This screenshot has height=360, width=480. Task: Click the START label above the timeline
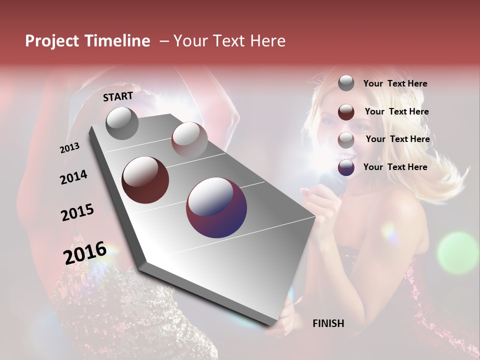point(118,96)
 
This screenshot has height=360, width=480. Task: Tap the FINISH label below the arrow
point(328,323)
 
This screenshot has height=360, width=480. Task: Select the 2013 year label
point(69,148)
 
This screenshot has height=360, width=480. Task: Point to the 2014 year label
point(73,177)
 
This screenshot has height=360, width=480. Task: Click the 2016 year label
point(85,252)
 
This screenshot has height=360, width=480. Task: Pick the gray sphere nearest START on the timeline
point(122,123)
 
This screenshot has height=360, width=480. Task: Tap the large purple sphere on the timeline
point(216,207)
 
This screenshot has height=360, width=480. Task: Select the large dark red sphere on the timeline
point(145,180)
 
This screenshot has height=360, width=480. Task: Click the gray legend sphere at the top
point(346,83)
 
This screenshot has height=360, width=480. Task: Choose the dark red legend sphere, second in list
point(346,111)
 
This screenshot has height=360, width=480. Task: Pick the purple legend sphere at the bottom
point(346,167)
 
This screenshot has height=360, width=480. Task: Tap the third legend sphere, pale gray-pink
point(346,139)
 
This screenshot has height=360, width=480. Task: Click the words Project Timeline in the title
point(87,41)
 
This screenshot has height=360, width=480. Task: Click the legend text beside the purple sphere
point(395,167)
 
